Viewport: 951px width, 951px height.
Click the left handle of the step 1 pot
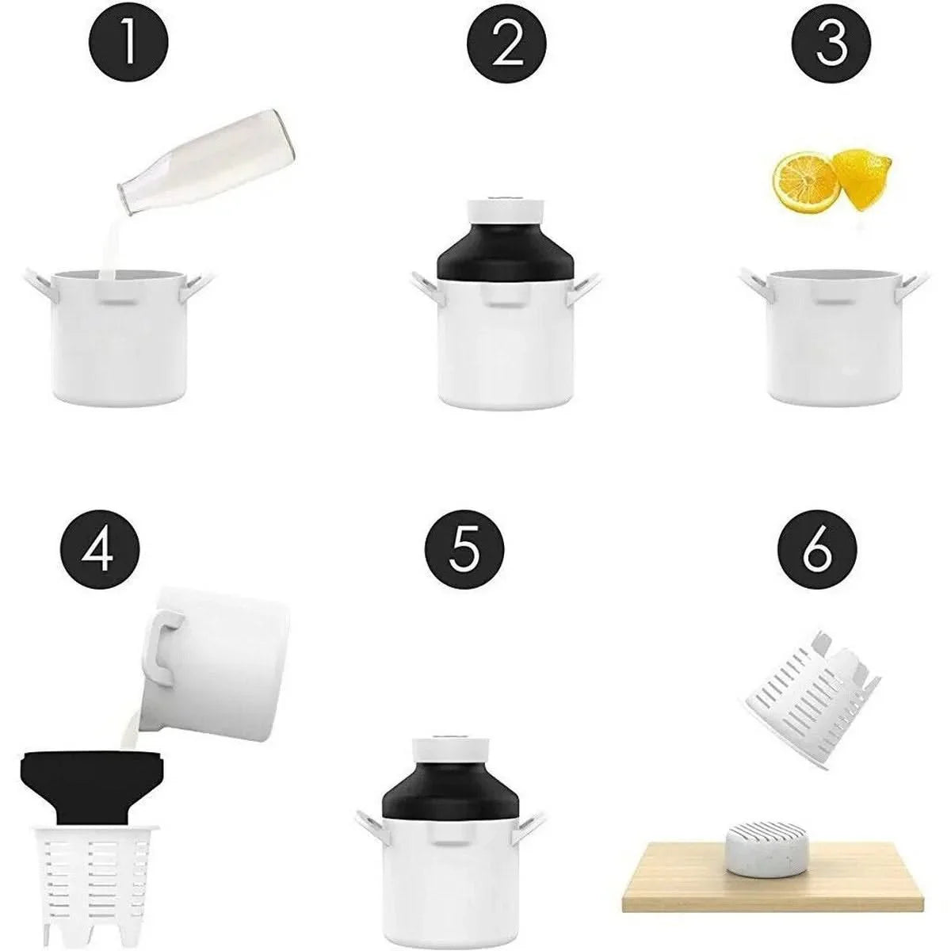(x=36, y=285)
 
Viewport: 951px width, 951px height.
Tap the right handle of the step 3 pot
(x=919, y=282)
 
